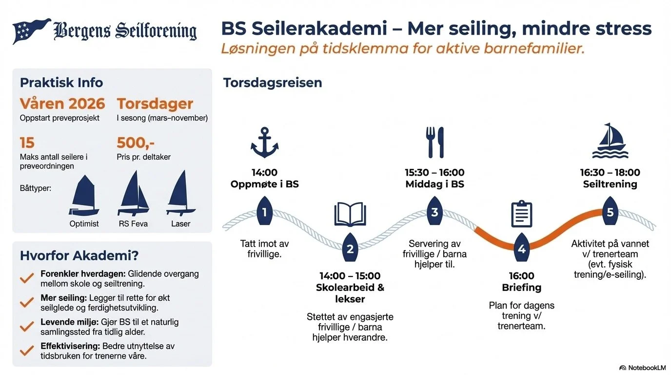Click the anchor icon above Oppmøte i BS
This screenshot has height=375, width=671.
point(264,143)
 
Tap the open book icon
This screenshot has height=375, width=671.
point(350,215)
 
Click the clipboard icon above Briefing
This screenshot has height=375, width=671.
point(521,214)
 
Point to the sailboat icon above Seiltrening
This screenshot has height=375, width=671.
point(610,142)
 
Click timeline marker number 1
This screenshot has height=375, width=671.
point(264,212)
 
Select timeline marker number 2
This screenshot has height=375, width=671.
point(350,249)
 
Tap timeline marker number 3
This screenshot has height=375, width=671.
point(434,212)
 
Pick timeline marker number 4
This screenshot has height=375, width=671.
point(521,249)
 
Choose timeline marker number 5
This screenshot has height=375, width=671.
point(610,212)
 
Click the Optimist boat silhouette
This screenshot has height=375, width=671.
point(84,196)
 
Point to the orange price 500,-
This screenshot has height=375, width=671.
point(136,143)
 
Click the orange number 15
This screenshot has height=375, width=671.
point(27,143)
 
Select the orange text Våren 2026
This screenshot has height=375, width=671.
point(62,104)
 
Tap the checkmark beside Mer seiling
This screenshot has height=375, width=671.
point(27,303)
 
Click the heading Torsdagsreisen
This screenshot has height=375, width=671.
point(273,83)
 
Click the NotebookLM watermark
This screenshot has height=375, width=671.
point(642,368)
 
